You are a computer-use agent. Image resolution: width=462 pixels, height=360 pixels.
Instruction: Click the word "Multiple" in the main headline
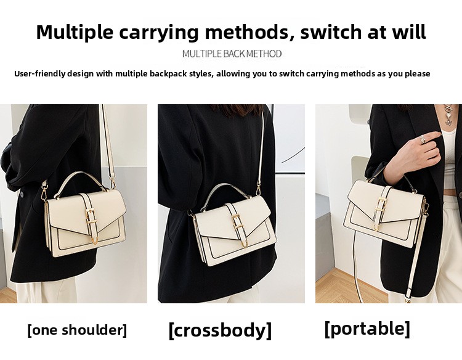click(75, 32)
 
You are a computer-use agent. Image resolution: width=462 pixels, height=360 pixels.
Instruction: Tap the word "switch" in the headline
click(331, 32)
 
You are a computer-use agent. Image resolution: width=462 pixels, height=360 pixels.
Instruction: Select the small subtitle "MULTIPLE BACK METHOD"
click(232, 54)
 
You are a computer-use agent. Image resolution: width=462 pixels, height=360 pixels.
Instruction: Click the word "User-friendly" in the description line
click(39, 73)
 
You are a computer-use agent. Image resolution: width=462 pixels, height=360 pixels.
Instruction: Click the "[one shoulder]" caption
click(77, 330)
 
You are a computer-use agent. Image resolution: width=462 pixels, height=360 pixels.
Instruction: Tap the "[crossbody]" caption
click(220, 330)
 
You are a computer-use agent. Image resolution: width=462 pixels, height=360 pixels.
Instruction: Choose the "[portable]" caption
click(367, 329)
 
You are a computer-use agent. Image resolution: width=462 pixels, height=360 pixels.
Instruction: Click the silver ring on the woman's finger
click(423, 139)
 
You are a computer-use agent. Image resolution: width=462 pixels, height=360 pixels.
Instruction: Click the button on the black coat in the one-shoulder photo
click(22, 194)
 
